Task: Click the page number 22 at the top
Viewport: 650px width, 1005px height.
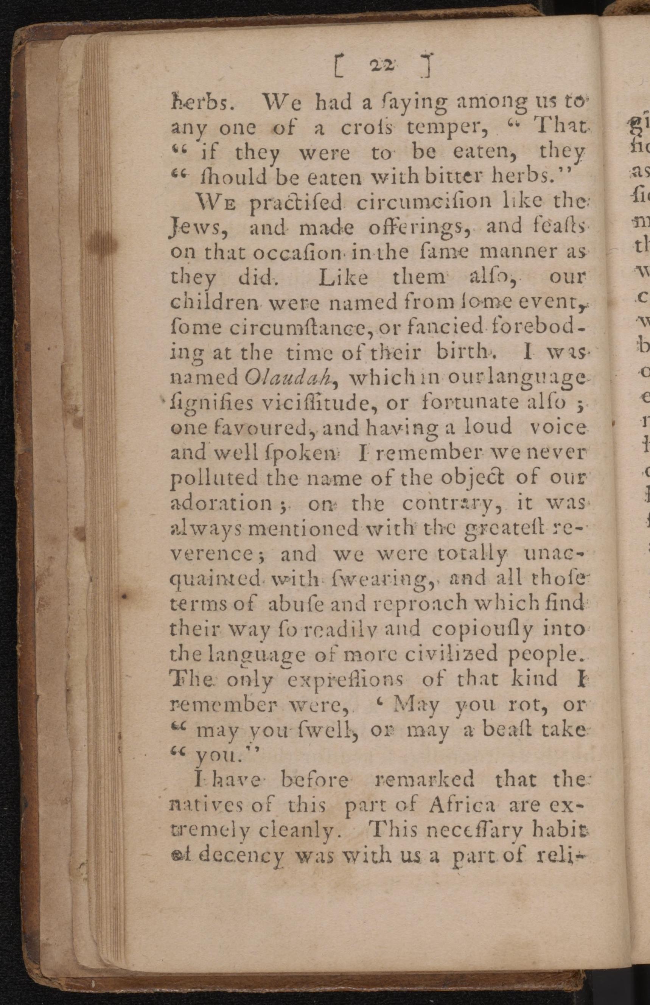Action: [382, 65]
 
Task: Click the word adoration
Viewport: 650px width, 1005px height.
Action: [221, 504]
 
